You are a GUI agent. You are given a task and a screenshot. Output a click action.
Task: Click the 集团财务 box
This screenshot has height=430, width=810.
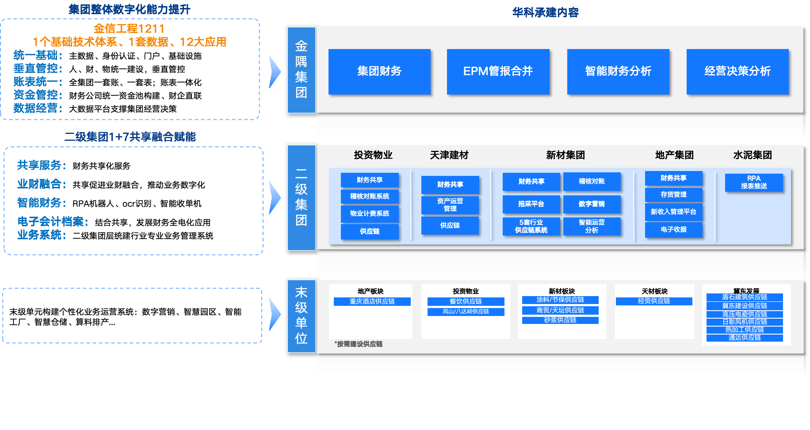379,72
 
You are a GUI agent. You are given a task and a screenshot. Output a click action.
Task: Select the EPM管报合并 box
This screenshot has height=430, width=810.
498,72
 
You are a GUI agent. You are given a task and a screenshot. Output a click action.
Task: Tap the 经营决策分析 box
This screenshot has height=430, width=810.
737,72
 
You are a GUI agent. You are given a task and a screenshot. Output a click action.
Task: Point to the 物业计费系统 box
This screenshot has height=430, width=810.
370,213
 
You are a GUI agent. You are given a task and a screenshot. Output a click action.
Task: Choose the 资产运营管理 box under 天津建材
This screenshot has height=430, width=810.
450,205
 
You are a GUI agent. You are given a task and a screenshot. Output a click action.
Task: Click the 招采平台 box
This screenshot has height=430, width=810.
531,204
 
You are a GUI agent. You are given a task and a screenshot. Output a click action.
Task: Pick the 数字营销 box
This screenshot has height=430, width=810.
592,204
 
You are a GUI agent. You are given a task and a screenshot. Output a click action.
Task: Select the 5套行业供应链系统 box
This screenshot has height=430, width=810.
531,226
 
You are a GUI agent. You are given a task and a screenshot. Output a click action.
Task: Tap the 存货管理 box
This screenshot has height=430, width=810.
673,194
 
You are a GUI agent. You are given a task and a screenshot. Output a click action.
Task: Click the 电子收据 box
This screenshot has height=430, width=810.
673,229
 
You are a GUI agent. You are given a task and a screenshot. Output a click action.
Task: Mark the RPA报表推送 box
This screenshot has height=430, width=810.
754,183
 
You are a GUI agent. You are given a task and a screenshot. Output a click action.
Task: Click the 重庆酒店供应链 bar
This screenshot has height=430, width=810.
372,301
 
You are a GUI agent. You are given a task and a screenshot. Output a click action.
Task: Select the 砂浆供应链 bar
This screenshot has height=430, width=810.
560,320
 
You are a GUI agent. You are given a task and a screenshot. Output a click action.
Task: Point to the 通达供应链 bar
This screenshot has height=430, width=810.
745,338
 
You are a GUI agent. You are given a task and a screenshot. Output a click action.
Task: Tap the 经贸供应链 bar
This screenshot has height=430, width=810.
654,301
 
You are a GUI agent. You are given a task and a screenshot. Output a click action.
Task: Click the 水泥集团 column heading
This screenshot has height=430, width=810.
753,155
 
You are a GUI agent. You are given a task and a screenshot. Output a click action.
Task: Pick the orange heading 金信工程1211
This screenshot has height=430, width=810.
129,29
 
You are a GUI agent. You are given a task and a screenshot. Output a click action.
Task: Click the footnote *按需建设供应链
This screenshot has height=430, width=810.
359,344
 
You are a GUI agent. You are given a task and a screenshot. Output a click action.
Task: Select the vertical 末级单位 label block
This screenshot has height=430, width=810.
301,316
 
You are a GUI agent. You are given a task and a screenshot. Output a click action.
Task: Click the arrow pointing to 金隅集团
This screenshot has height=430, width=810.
275,72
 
